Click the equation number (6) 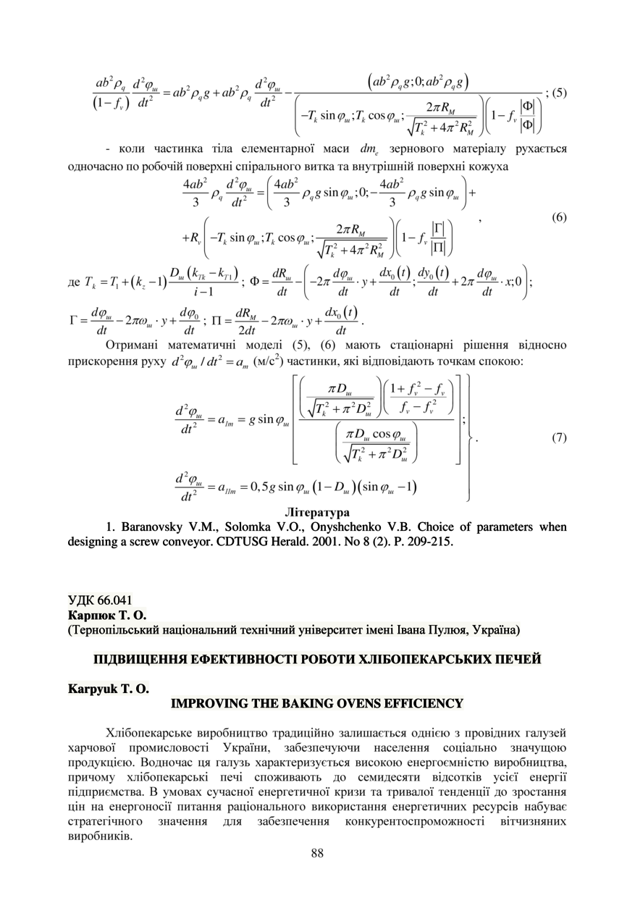(558, 218)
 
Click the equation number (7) (558, 437)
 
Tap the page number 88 (317, 852)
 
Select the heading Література (317, 512)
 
